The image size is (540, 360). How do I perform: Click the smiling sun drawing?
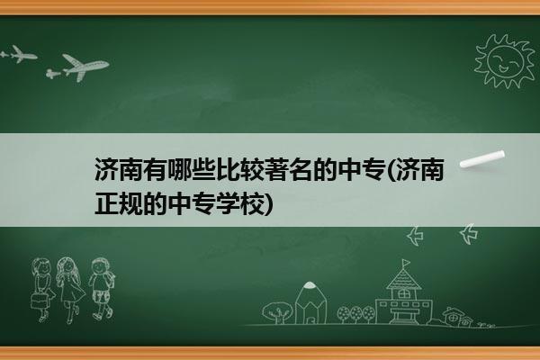tap(504, 61)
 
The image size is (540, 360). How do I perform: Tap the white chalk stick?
tap(482, 159)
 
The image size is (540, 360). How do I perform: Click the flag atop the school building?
tap(407, 263)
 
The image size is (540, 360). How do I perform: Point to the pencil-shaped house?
tap(310, 303)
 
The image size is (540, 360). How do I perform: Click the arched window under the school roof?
tap(402, 294)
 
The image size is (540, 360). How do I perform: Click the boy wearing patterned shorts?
tap(101, 289)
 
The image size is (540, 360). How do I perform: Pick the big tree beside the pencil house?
tap(277, 312)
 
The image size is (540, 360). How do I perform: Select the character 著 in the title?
tap(276, 169)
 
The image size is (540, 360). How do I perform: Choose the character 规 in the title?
tap(130, 203)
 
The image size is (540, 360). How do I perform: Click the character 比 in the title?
tap(228, 169)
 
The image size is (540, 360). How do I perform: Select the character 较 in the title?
tap(252, 169)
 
